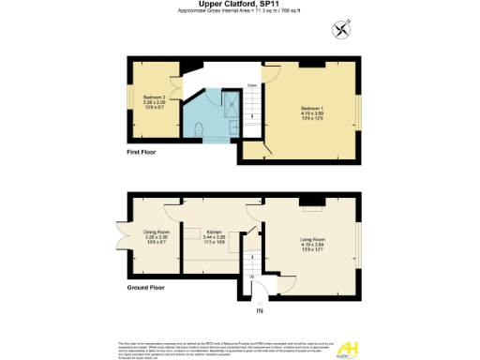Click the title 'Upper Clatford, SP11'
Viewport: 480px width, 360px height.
239,5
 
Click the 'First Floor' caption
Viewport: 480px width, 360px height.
142,151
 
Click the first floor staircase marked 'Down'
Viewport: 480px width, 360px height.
251,107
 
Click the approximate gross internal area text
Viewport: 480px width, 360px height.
239,12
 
